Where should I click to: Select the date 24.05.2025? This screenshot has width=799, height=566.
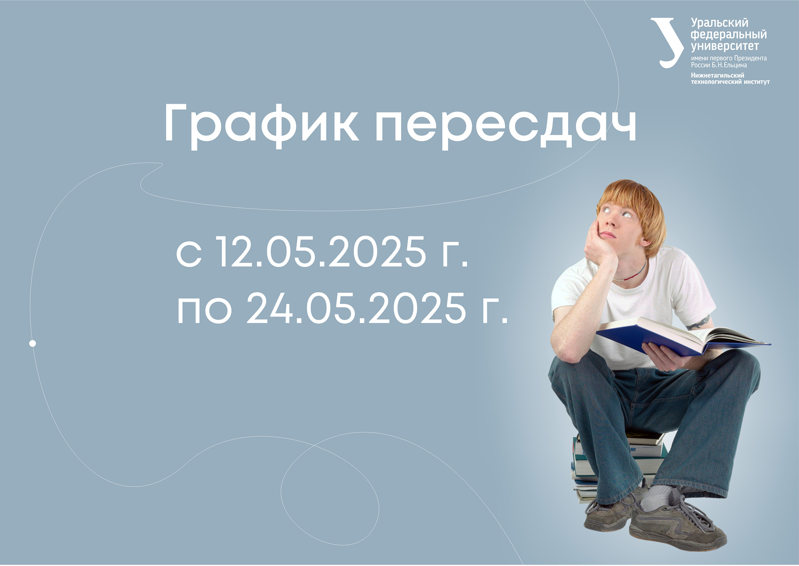point(356,307)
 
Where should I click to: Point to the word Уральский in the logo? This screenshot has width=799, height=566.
point(719,23)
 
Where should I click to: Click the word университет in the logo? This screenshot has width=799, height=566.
point(725,46)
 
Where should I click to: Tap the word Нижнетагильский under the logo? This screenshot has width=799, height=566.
point(718,75)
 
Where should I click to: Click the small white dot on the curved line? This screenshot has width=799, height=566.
point(33,343)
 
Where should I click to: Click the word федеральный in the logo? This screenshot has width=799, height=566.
point(729,35)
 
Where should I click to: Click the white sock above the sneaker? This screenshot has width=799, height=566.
point(655,497)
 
